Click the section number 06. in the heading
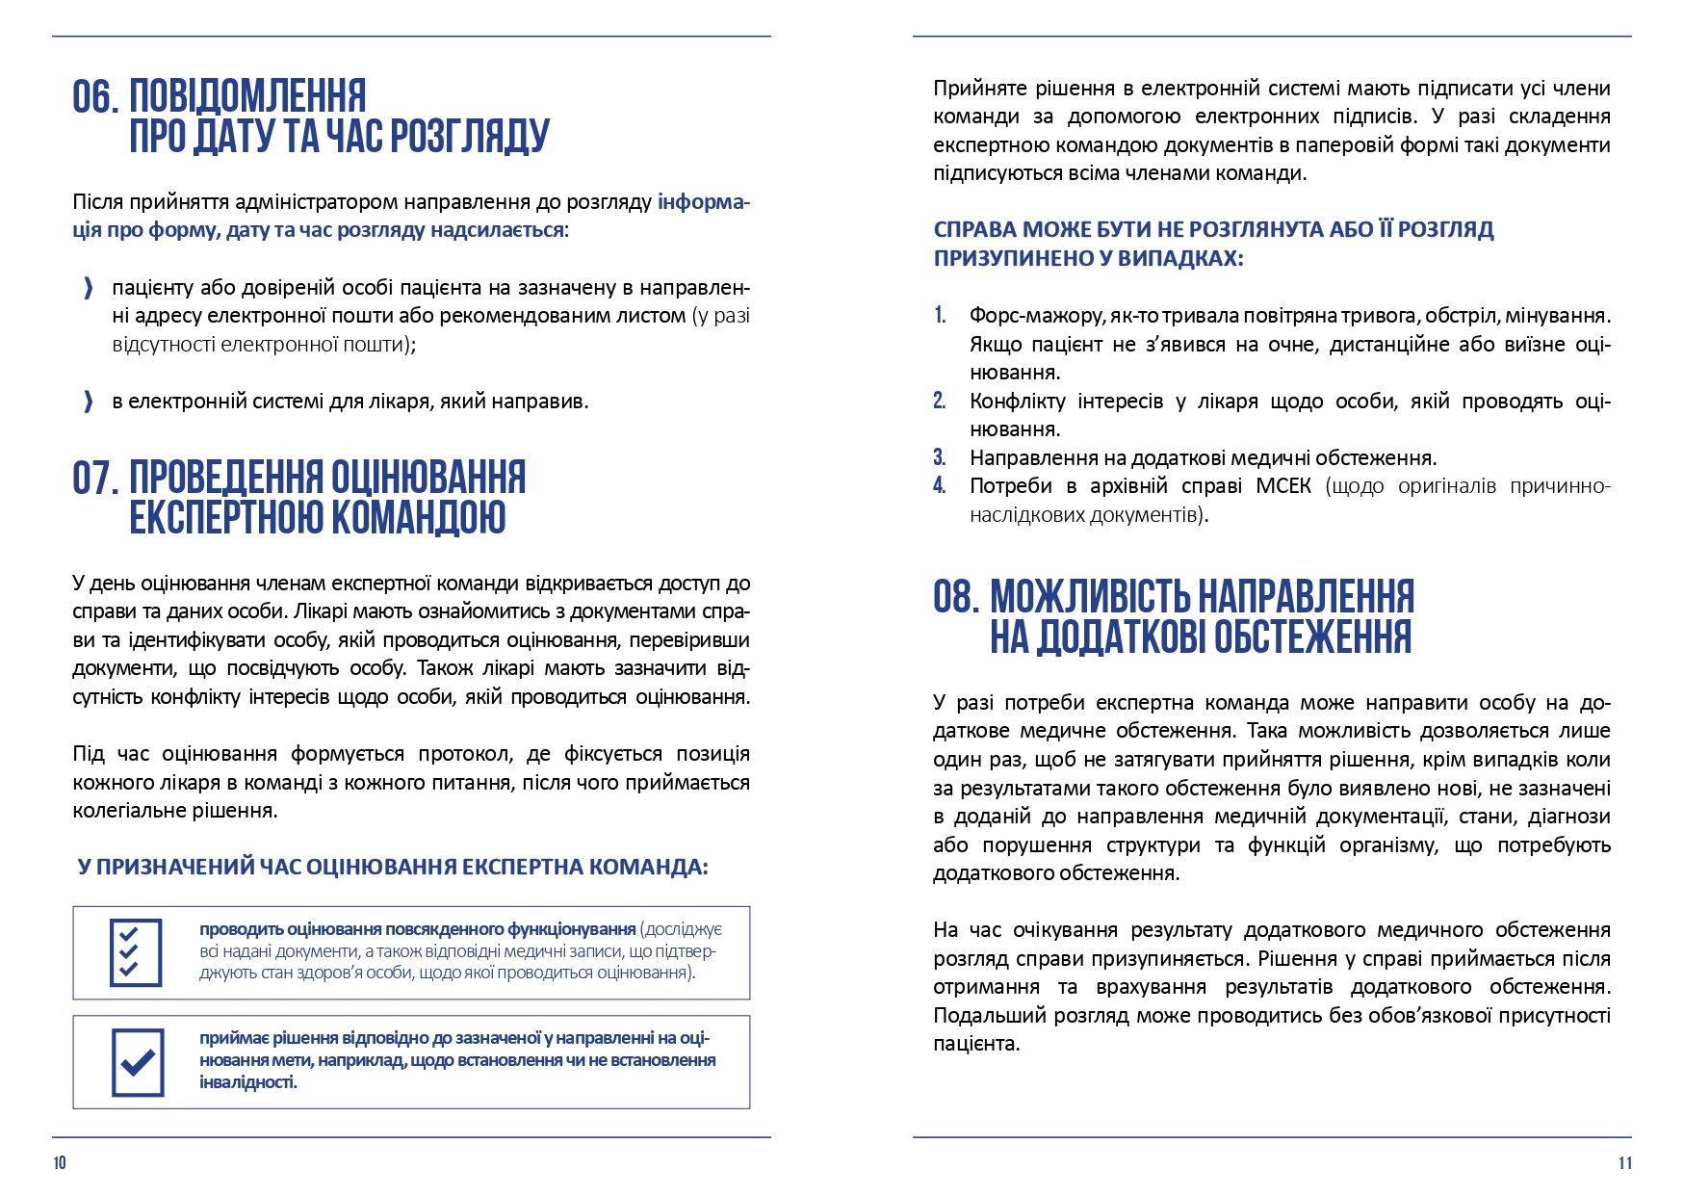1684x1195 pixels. pos(95,97)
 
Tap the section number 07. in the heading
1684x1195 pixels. pos(95,479)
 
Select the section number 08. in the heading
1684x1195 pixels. pos(955,597)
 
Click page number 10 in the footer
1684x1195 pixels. pos(60,1163)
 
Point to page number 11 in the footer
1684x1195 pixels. pos(1625,1163)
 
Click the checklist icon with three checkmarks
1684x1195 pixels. pos(136,952)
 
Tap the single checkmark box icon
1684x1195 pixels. pos(138,1062)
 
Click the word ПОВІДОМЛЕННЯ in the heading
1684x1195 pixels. pos(247,97)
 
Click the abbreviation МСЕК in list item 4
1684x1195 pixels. pos(1283,486)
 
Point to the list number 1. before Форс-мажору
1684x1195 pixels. pos(940,316)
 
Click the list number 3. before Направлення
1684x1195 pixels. pos(940,458)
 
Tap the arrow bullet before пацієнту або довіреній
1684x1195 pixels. pos(89,288)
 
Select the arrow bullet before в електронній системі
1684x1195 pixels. pos(89,402)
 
